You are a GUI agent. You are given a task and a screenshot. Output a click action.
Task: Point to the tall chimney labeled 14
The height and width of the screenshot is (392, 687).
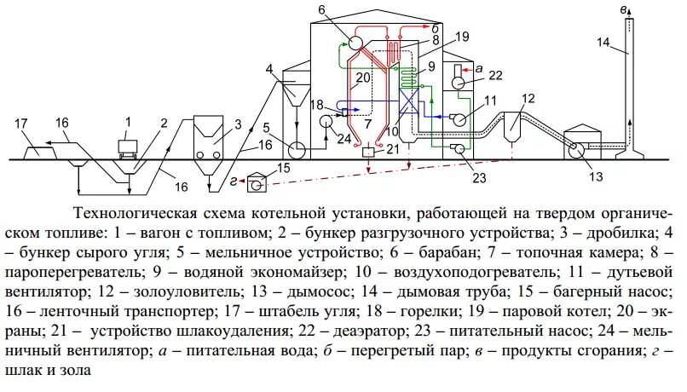coord(627,85)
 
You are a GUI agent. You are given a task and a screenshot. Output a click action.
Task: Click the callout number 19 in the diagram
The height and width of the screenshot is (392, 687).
coord(461,37)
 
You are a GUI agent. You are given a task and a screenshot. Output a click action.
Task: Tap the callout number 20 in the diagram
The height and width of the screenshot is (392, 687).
coord(363,77)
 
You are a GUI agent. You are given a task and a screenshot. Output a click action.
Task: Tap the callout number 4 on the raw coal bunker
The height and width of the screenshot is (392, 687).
coord(268,68)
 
